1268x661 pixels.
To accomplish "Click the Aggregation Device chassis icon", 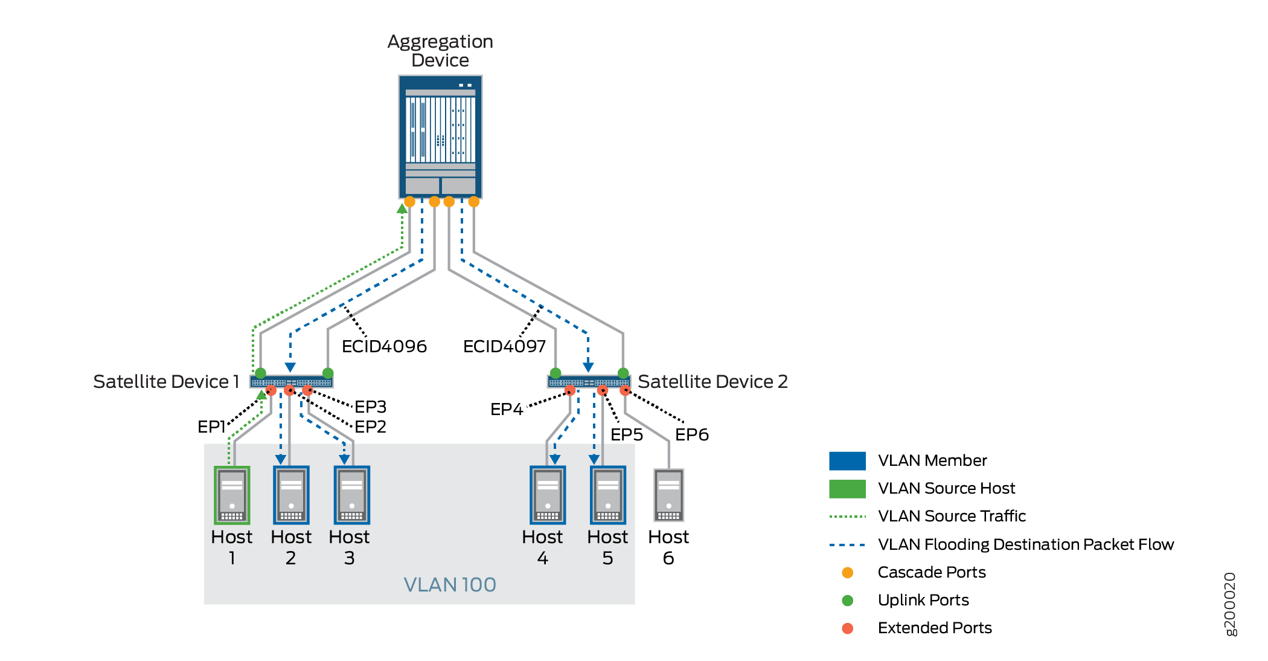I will tap(440, 137).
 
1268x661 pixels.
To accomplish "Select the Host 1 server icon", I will tap(232, 495).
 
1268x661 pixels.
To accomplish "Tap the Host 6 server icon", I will tap(668, 495).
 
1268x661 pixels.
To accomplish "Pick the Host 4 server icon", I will tap(548, 495).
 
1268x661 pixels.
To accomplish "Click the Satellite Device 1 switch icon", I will tap(291, 382).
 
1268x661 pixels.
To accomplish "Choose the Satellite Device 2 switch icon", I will tap(589, 382).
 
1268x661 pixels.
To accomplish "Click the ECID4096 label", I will tap(384, 346).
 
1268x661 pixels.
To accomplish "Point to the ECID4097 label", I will tap(504, 346).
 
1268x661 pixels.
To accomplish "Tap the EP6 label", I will tap(691, 434).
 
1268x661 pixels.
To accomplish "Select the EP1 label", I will tap(211, 427).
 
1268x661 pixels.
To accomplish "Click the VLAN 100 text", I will tap(450, 584).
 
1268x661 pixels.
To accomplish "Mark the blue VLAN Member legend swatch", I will tap(847, 460).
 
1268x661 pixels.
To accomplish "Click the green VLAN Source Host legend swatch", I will tap(847, 488).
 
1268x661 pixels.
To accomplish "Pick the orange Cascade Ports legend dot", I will tap(847, 572).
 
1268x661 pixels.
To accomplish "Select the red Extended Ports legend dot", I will tap(847, 628).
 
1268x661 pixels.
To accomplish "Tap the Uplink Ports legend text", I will tap(923, 600).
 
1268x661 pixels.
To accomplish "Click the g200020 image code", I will tap(1230, 604).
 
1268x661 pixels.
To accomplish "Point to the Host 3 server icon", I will tap(352, 495).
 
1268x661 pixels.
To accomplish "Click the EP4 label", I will tap(506, 409).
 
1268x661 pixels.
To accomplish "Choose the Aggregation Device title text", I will tap(440, 51).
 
